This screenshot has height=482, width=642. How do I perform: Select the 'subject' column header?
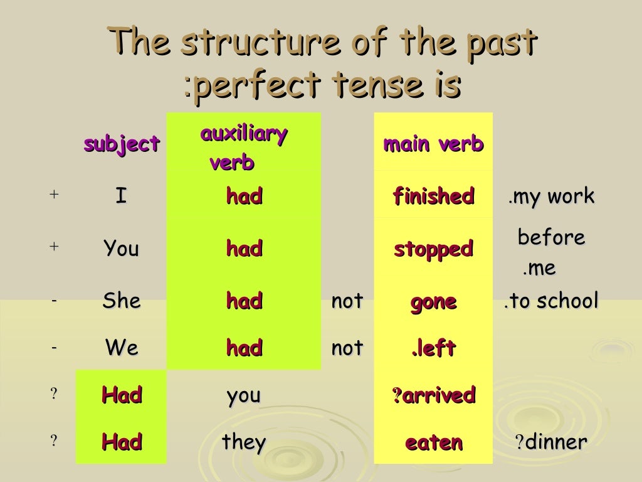click(122, 144)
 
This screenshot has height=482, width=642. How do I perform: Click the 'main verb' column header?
click(433, 144)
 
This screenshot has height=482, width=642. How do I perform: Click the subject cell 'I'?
click(121, 197)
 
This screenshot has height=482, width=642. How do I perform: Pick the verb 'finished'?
click(433, 196)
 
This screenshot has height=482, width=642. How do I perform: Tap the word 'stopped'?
click(433, 249)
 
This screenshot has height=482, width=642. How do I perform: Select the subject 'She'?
click(121, 301)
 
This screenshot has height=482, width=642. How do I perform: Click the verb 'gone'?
click(433, 302)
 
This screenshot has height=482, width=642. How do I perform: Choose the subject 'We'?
click(121, 348)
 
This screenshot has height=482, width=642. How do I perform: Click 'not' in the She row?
click(347, 301)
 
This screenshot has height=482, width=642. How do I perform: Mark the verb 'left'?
click(435, 348)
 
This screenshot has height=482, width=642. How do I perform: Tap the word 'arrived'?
click(438, 395)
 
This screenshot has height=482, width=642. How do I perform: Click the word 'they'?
click(244, 442)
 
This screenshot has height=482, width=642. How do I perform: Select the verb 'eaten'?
click(433, 443)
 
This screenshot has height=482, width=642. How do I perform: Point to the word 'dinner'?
click(556, 442)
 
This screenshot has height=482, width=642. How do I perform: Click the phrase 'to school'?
click(555, 301)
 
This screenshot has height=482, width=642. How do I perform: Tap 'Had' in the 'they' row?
click(122, 442)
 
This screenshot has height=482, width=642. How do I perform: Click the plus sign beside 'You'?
click(54, 247)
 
